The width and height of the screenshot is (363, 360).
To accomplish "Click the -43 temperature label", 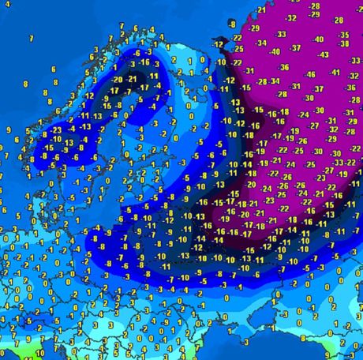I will click(x=323, y=54).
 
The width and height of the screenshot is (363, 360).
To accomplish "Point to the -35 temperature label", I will click(x=343, y=35).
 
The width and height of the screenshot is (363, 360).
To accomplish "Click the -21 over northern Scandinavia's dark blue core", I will click(x=132, y=78).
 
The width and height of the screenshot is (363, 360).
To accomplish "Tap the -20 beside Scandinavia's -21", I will click(x=118, y=79).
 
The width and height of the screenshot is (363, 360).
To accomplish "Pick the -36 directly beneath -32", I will click(x=284, y=67).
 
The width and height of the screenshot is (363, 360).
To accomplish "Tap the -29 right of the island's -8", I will click(x=255, y=28).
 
